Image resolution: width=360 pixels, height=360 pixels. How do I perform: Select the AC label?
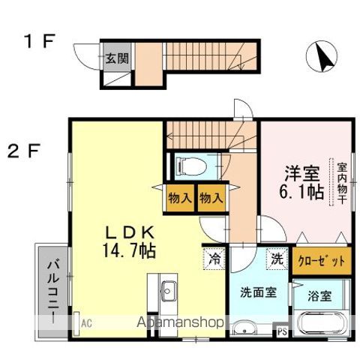pyautogui.click(x=85, y=323)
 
